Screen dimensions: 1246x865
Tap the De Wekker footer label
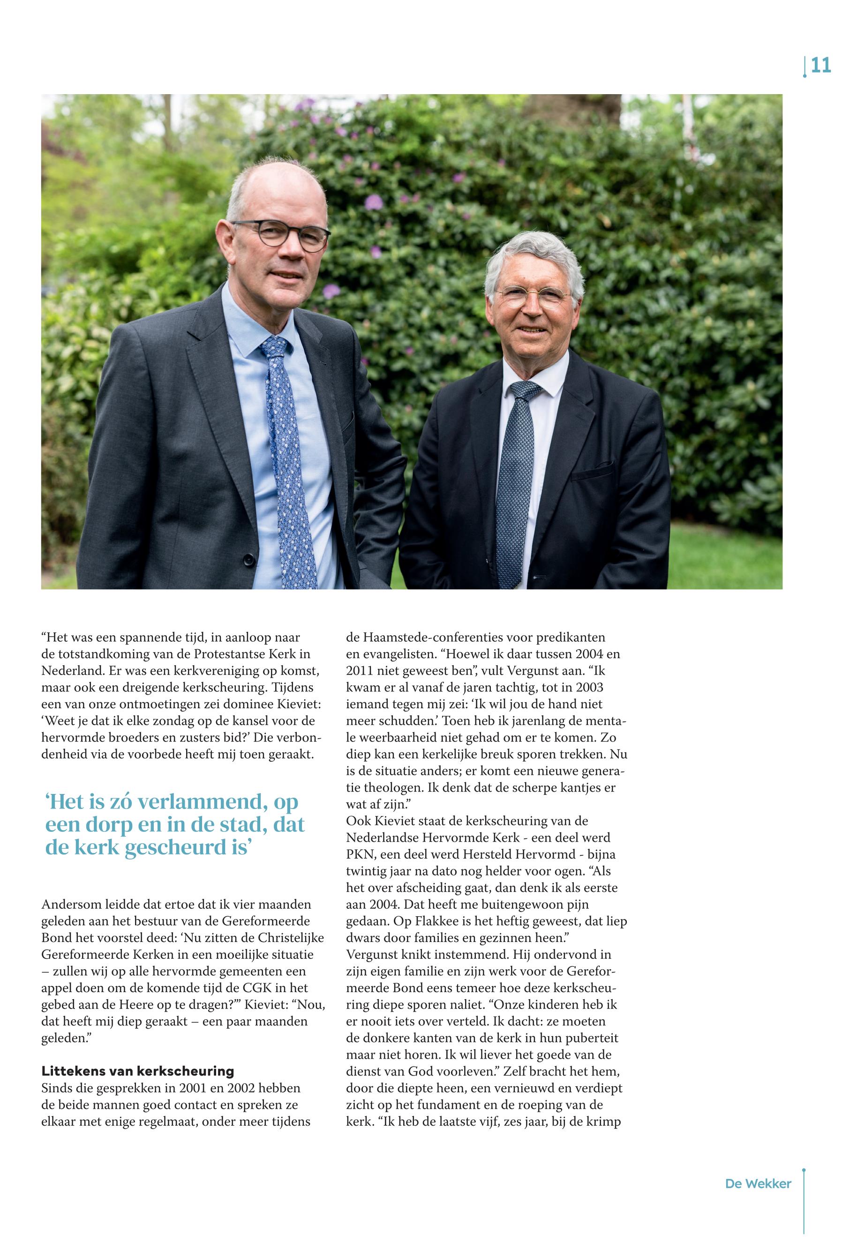pyautogui.click(x=758, y=1184)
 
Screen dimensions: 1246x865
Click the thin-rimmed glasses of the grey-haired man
pyautogui.click(x=535, y=297)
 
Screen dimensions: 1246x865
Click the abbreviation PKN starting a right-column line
pyautogui.click(x=361, y=855)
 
